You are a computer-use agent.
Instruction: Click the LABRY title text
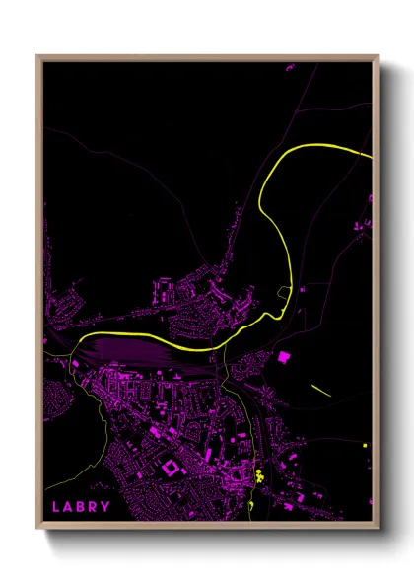[82, 507]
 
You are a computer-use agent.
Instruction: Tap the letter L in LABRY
[55, 507]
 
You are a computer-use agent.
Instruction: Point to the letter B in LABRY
[81, 507]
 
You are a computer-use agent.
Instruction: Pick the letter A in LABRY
[68, 507]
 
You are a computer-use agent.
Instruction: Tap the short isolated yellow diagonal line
[321, 389]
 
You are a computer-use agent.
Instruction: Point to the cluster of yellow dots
[260, 474]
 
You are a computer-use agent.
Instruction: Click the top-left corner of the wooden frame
[38, 56]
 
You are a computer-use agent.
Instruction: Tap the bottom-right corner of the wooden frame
[378, 529]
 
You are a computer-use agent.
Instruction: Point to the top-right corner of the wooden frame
[378, 56]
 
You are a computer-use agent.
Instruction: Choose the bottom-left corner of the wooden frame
[38, 529]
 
